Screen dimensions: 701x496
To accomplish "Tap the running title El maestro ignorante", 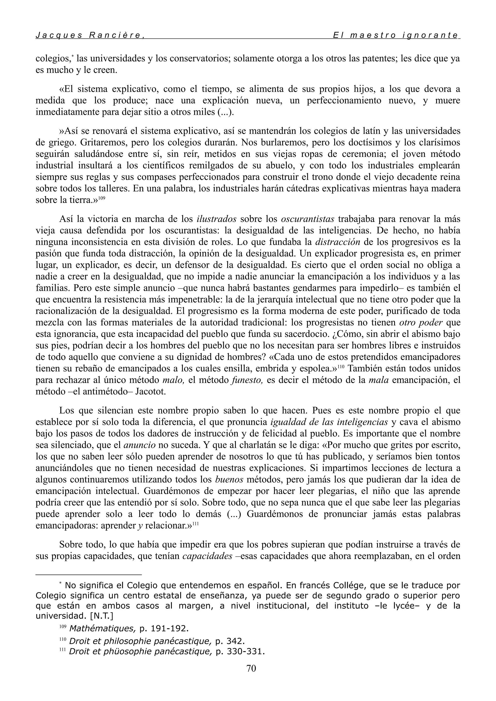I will click(x=395, y=35).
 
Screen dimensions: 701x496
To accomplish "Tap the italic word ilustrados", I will click(x=217, y=219).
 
